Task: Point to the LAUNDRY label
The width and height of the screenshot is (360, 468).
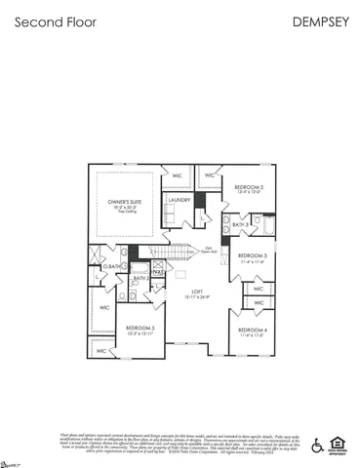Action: tap(179, 200)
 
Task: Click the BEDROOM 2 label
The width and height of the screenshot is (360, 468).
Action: tap(250, 186)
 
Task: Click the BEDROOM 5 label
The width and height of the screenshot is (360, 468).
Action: tap(141, 328)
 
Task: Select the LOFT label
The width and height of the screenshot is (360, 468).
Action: tap(196, 292)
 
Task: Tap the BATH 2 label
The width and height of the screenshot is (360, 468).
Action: tap(140, 278)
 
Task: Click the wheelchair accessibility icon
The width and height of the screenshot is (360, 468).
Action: tap(316, 445)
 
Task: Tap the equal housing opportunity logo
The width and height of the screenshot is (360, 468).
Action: tap(337, 445)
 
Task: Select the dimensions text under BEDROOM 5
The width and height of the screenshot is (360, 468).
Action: tap(141, 334)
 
